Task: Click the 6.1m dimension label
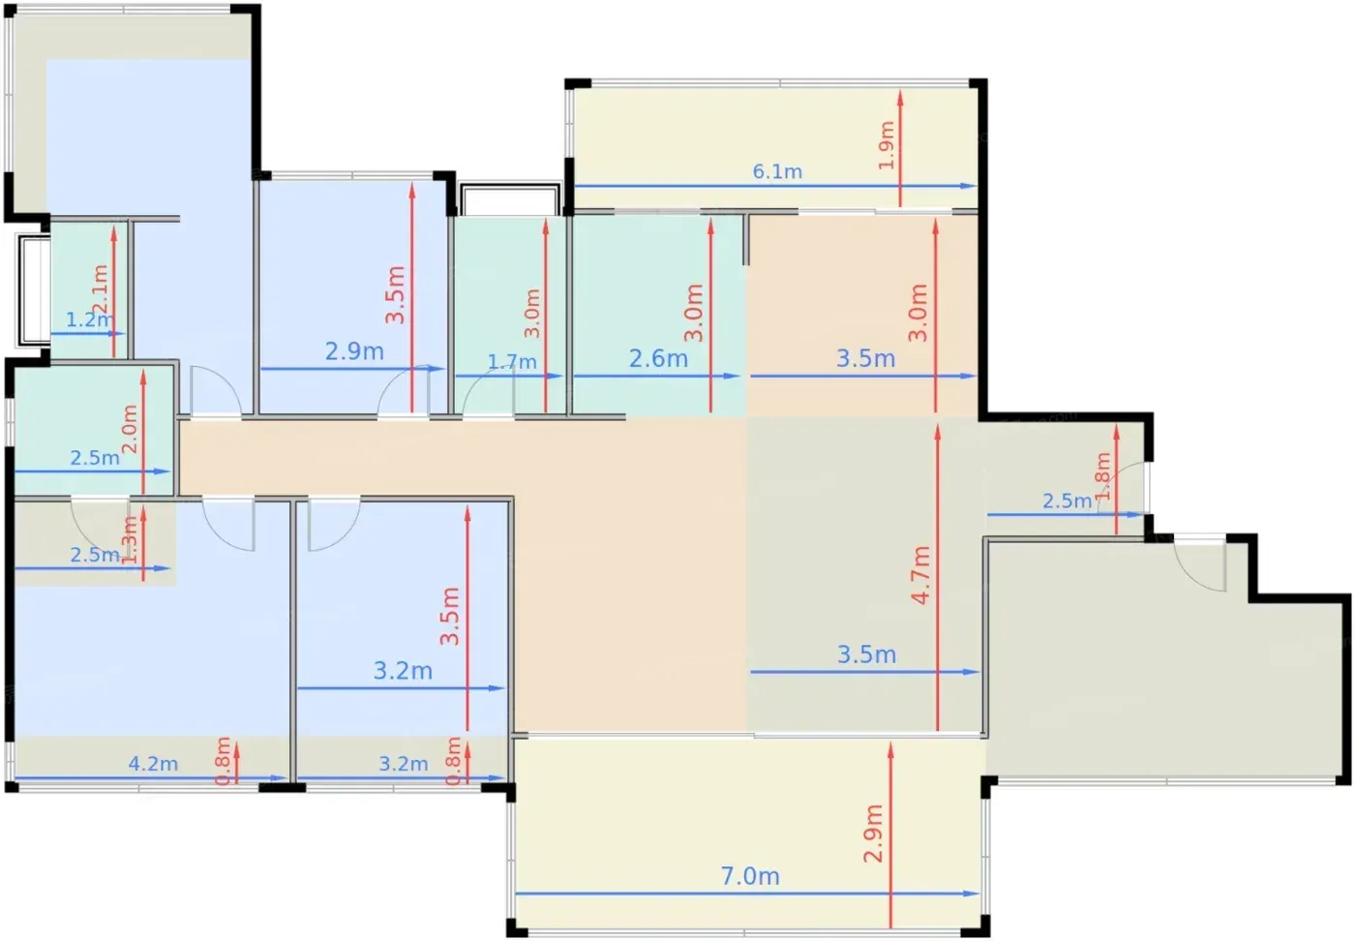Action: [x=777, y=172]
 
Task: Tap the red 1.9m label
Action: [x=887, y=145]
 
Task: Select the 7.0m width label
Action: [x=750, y=876]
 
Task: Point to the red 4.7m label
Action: [x=920, y=575]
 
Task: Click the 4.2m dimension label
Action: [x=153, y=764]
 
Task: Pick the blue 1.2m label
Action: [x=89, y=319]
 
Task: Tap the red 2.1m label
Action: [x=100, y=289]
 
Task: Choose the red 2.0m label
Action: [x=130, y=429]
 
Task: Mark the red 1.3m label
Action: [x=130, y=540]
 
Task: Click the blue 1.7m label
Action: [x=512, y=362]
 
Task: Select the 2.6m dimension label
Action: [x=658, y=359]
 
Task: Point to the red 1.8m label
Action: [x=1102, y=476]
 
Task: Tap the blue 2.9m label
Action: [x=354, y=351]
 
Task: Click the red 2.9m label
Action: [x=873, y=834]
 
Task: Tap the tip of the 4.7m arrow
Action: [x=938, y=424]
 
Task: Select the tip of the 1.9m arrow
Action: [x=900, y=91]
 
